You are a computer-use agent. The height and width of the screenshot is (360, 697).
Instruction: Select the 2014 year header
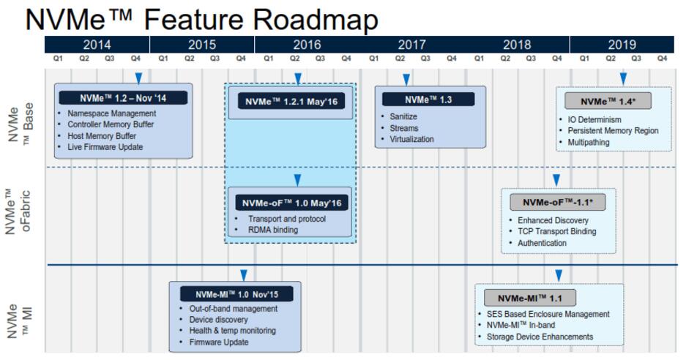coord(97,45)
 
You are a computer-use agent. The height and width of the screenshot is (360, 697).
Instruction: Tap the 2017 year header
coord(412,45)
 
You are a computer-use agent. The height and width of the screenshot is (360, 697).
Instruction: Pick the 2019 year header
coord(622,45)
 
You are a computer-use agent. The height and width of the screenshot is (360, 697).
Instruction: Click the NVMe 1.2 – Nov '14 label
coord(123,98)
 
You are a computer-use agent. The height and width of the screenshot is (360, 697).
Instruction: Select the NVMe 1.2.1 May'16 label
coord(291,102)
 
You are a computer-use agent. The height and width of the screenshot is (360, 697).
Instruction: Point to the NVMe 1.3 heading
coord(429,100)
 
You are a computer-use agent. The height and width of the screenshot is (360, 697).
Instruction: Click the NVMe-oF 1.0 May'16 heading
coord(291,202)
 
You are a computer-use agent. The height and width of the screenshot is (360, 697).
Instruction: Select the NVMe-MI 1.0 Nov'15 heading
coord(237,294)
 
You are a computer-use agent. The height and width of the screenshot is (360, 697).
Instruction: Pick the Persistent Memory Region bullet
coord(613,131)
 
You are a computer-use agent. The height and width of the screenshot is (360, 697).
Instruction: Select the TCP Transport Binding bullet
coord(556,231)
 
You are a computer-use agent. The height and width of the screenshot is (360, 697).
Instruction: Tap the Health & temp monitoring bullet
coord(232,331)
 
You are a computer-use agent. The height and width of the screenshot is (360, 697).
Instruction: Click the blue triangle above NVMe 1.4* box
coord(623,78)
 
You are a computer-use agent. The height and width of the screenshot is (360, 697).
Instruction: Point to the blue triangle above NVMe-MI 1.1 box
coord(559,275)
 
